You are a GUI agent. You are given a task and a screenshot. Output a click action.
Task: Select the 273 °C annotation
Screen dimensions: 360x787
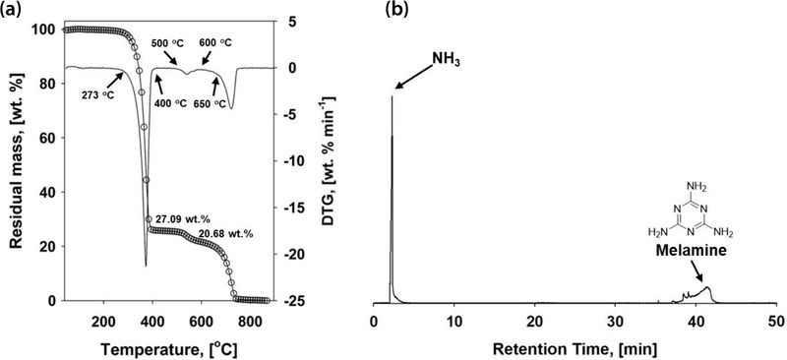tap(93, 95)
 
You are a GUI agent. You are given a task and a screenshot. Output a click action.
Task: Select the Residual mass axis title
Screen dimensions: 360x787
tap(15, 162)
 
